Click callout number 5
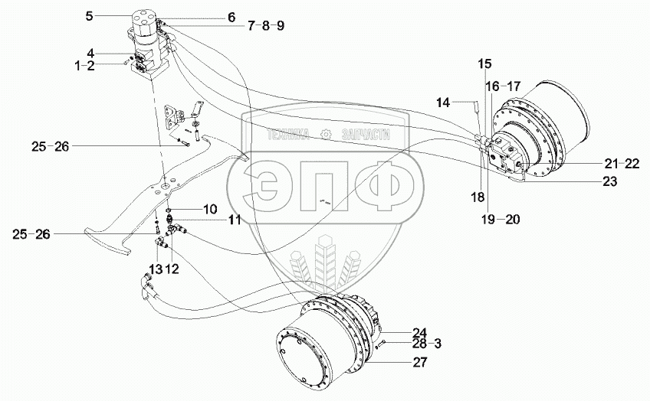(90, 15)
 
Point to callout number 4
(90, 53)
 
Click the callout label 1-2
(85, 66)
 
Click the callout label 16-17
(503, 86)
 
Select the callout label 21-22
(621, 164)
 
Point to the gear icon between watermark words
(327, 135)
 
